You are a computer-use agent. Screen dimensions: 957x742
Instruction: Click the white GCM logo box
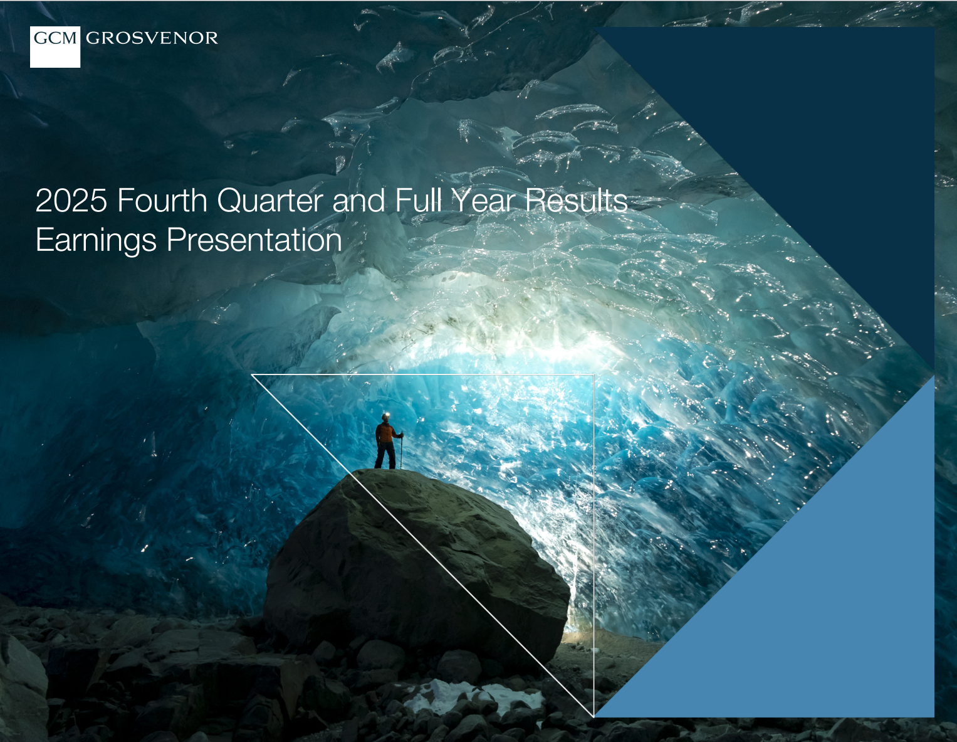coord(55,46)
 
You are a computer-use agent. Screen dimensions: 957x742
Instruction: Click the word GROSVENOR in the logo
coord(152,38)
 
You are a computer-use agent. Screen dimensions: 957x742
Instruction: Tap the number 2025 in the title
coord(71,201)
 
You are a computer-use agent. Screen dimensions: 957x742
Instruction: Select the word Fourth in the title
coord(162,201)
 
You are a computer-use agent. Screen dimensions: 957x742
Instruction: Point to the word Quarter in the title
coord(270,202)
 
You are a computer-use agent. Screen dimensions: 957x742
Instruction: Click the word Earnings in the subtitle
coord(96,241)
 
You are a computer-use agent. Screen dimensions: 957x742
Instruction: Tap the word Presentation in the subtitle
coord(254,241)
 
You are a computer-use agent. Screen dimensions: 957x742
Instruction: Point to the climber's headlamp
coord(385,415)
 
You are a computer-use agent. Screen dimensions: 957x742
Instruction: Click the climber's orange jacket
coord(386,433)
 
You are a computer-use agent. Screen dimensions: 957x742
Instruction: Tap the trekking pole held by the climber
coord(401,450)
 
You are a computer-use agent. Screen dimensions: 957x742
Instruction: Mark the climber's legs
coord(385,455)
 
